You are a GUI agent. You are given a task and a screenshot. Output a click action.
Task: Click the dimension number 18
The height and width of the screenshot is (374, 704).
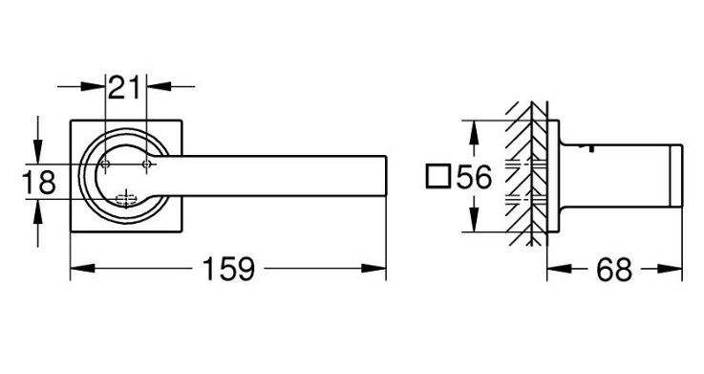[39, 182]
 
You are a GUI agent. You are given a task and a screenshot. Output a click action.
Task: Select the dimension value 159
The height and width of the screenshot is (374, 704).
[228, 269]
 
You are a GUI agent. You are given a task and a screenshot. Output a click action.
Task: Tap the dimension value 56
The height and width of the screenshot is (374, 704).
[475, 177]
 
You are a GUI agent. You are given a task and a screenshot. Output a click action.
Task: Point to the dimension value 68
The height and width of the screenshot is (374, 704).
[614, 270]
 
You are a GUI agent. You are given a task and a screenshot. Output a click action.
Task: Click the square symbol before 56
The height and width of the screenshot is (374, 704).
[437, 176]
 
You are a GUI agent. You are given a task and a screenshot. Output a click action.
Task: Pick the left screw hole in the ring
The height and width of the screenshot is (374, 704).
[105, 165]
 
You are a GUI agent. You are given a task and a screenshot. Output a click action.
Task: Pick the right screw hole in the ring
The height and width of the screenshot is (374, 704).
[146, 165]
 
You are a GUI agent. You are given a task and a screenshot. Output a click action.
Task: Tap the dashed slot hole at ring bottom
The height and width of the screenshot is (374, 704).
[126, 198]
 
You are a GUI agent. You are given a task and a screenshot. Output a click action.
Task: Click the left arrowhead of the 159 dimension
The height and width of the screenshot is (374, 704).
[82, 269]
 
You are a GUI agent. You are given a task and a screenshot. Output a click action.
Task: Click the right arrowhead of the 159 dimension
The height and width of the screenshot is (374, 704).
[373, 269]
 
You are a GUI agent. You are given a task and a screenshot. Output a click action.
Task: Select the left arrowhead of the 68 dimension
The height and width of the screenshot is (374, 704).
[560, 269]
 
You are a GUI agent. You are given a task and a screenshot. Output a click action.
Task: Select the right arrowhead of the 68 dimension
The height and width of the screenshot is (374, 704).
[670, 269]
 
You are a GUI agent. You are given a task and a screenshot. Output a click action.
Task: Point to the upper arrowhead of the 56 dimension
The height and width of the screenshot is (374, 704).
[472, 133]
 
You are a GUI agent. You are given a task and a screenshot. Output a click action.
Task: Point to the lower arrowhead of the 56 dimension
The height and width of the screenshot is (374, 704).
[472, 220]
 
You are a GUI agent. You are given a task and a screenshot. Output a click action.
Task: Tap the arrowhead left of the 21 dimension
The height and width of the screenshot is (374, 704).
[93, 86]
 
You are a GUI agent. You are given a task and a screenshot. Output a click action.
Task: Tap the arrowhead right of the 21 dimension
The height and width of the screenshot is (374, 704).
[159, 86]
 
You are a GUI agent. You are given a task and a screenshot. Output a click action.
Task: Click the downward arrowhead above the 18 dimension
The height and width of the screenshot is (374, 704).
[37, 152]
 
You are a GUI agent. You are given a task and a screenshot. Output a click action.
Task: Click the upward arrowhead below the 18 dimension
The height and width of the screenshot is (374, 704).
[37, 211]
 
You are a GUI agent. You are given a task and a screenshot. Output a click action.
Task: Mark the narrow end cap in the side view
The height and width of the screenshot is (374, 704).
[676, 176]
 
